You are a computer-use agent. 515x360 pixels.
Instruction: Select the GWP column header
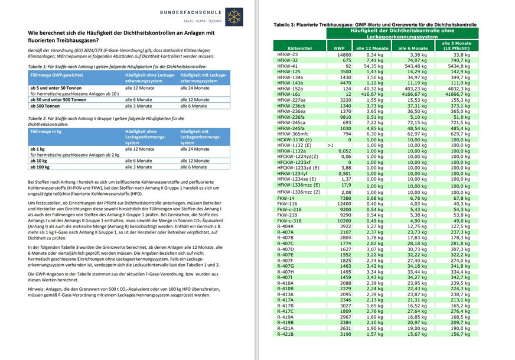339,47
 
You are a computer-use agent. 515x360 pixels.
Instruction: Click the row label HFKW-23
288,54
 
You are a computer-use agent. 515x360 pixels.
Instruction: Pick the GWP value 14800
344,54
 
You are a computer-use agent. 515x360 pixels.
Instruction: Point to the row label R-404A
285,226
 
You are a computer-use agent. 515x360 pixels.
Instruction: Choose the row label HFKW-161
289,94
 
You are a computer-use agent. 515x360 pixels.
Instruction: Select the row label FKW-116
287,203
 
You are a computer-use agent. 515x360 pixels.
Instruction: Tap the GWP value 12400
344,203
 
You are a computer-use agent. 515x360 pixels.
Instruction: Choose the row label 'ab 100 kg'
42,167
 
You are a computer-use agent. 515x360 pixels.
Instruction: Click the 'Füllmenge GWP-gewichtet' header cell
57,76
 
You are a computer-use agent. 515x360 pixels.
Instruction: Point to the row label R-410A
285,283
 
